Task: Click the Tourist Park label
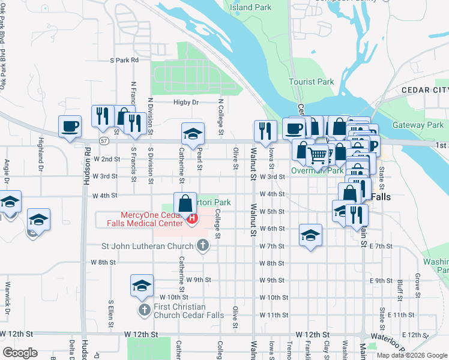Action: (x=311, y=82)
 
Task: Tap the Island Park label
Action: (x=250, y=8)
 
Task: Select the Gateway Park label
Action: (x=417, y=125)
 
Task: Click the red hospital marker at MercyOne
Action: (x=192, y=218)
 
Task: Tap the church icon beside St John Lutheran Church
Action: (x=203, y=245)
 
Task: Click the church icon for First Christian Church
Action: (x=144, y=310)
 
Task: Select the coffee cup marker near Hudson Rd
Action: (x=70, y=127)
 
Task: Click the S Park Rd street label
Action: (x=124, y=60)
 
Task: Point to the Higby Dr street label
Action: (x=186, y=103)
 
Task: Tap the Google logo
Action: (x=20, y=353)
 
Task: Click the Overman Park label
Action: (x=317, y=171)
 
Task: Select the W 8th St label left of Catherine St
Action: (x=103, y=262)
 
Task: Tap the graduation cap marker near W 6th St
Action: (x=310, y=235)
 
